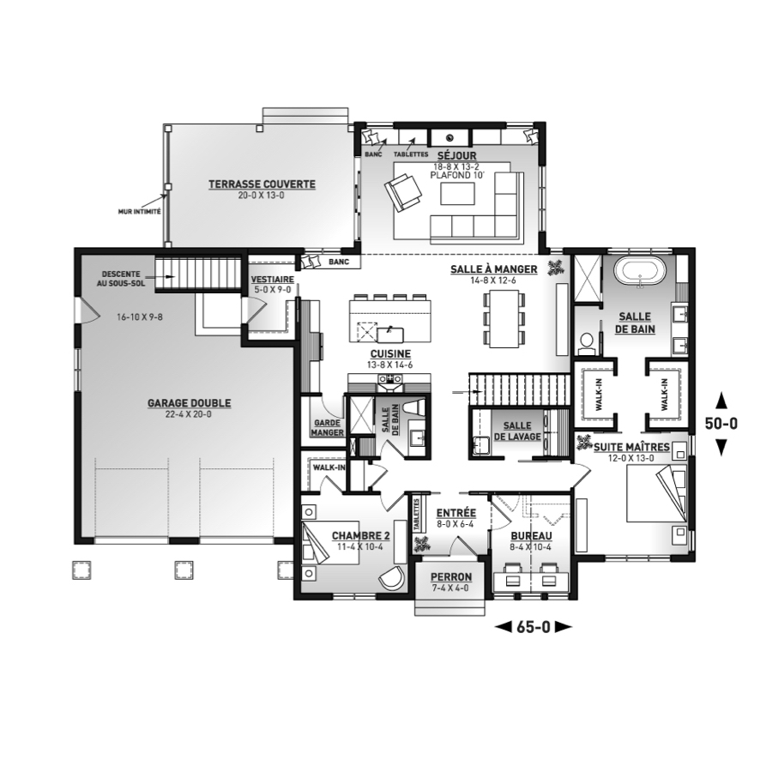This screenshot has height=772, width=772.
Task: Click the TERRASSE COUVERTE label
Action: (262, 184)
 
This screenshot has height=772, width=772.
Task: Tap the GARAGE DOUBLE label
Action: (189, 403)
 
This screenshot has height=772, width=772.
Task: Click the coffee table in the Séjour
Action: (458, 194)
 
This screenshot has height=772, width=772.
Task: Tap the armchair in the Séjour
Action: (403, 191)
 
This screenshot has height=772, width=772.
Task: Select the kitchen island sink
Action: (390, 335)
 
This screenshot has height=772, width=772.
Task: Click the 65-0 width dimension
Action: (533, 627)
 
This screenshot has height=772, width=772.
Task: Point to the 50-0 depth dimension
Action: (721, 424)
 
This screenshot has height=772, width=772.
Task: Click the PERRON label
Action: (451, 576)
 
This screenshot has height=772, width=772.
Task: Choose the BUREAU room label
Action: (531, 535)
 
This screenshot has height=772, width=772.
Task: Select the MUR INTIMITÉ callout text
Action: (139, 212)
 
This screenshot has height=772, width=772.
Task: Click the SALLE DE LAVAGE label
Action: (517, 431)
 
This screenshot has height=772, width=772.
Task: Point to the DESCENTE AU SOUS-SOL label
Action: (121, 279)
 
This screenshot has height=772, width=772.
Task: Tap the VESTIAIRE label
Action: (272, 279)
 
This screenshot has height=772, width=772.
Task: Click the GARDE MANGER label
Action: (328, 427)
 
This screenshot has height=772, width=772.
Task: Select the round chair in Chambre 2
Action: (392, 576)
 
